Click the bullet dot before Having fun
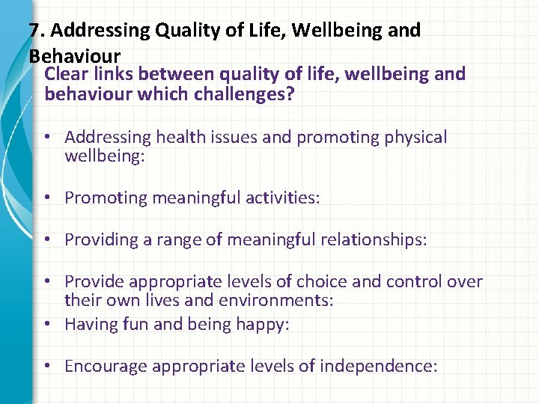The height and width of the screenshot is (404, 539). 46,324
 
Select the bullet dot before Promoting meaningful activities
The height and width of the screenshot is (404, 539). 46,198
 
